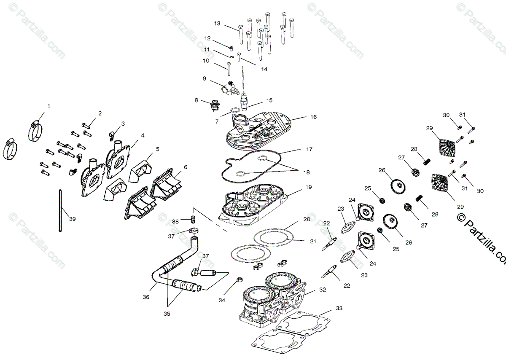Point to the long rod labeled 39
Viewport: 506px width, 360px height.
61,211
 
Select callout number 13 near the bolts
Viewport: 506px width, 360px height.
217,23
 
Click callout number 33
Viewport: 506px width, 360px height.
339,308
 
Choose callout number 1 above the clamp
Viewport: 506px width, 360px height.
48,106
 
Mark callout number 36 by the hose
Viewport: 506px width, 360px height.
146,297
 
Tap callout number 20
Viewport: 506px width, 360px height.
307,220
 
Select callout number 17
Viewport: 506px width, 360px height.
310,149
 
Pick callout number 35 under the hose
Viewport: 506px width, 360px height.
167,314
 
